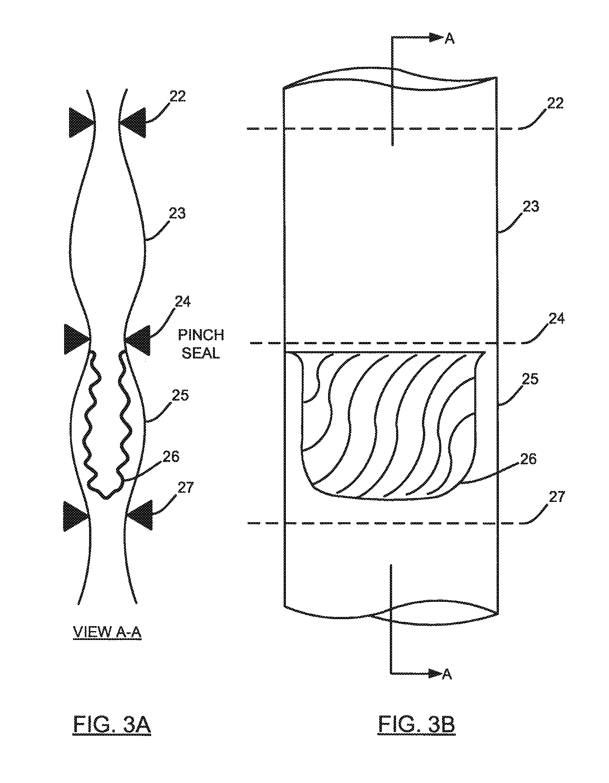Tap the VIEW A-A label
(107, 632)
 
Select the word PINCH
(201, 335)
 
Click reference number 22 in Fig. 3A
(177, 96)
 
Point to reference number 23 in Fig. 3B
(530, 207)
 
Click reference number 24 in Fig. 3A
(182, 302)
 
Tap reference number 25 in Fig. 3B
(530, 379)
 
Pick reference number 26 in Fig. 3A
(171, 457)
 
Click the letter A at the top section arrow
(450, 39)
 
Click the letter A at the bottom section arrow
(447, 674)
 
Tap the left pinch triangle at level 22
(80, 122)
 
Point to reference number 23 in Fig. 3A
(177, 213)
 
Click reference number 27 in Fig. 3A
(185, 488)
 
